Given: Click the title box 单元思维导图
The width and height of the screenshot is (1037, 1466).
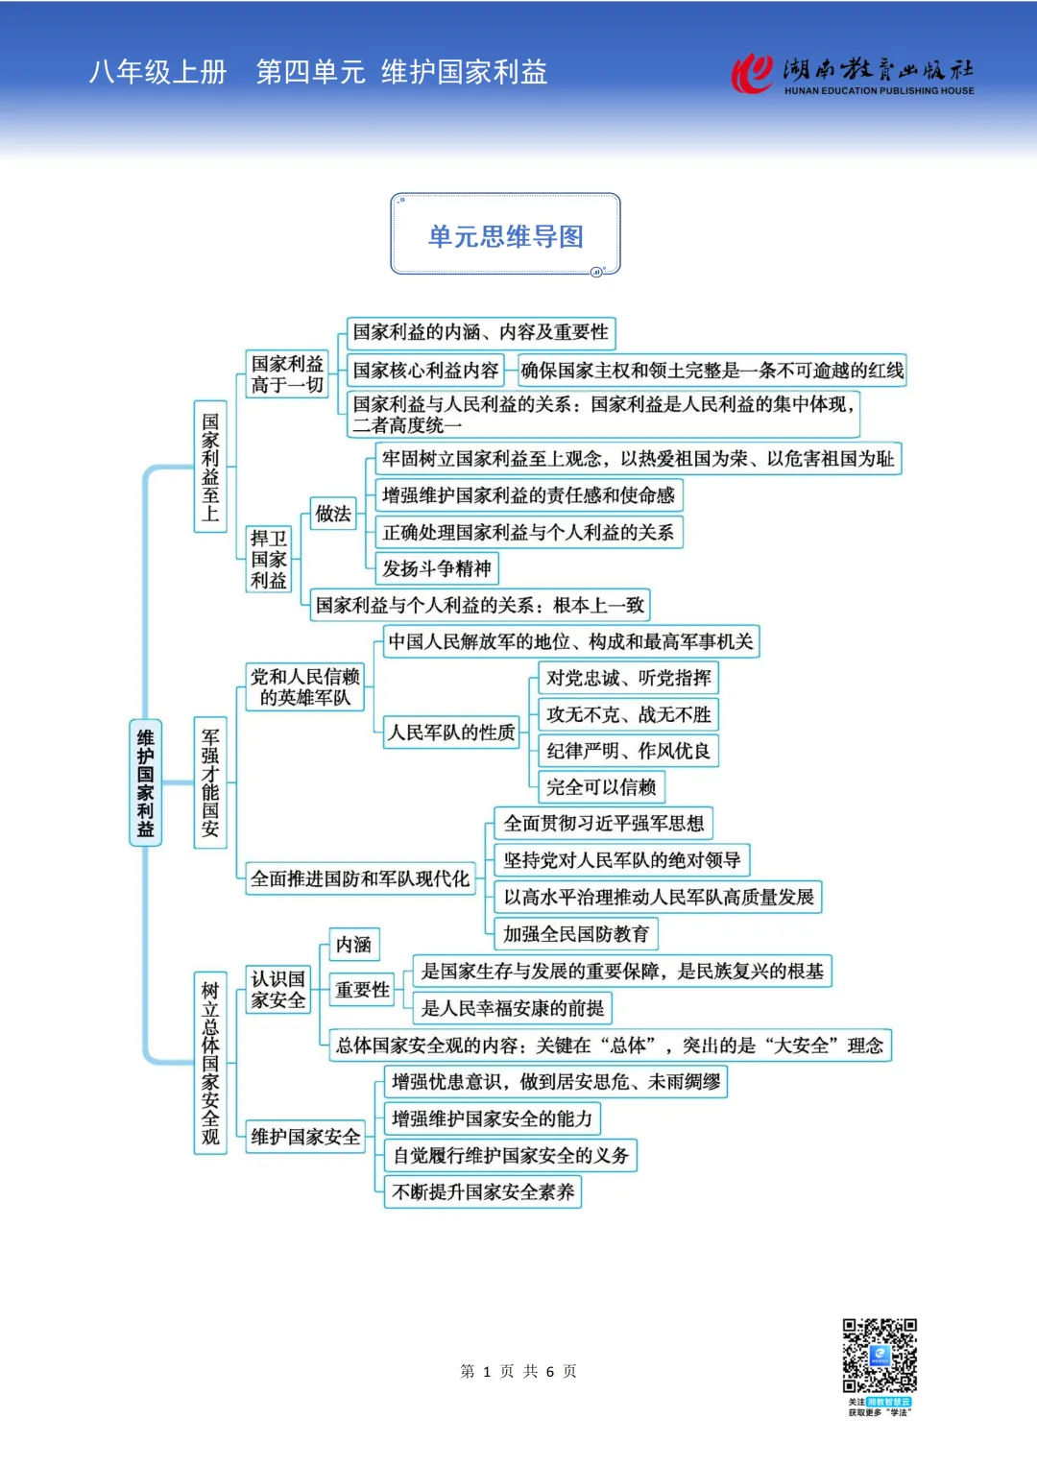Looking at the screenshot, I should pos(505,235).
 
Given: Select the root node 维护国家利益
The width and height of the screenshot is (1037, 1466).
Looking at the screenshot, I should pos(145,782).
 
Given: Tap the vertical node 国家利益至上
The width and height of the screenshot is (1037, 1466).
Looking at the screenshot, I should pos(210,467).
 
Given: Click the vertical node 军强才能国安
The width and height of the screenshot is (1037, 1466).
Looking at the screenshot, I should pos(210,782).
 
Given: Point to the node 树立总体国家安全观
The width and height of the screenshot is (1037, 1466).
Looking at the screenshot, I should pos(210,1063).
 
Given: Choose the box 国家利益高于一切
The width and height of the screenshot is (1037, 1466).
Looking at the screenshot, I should pos(287,374).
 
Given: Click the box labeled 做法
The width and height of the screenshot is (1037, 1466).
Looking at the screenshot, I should pos(333,514).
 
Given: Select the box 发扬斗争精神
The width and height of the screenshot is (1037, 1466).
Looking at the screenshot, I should pos(436,568).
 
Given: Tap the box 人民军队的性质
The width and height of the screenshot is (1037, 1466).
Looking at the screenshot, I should pos(451,733).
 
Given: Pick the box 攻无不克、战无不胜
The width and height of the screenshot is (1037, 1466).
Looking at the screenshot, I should pos(628,714).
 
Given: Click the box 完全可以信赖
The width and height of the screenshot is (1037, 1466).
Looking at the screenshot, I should pos(601,787).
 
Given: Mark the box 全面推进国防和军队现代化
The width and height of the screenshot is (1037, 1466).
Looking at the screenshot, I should pos(360,878).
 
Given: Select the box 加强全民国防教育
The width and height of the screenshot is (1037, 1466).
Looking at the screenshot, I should pos(576,933).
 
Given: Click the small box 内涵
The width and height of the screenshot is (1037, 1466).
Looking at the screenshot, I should pos(353,945).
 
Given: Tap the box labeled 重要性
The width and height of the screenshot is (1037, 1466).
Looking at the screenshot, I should pos(362,990).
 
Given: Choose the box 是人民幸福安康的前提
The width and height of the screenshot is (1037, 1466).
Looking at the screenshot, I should pos(513,1008).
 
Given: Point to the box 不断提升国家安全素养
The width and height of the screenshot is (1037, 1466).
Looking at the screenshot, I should pos(483,1192).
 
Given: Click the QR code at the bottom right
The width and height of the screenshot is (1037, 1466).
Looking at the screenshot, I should pos(880,1356).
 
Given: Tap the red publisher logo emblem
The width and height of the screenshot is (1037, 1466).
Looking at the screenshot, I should pos(752,73).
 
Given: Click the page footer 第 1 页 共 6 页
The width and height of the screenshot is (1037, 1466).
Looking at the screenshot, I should pos(518,1371).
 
